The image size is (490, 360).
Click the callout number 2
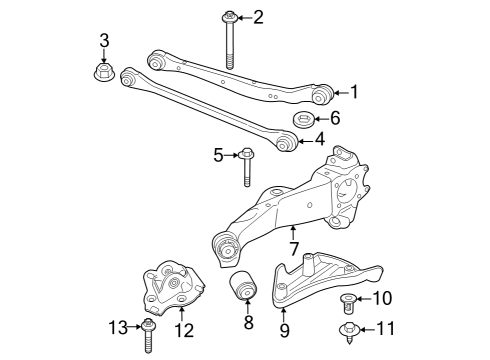click(258, 17)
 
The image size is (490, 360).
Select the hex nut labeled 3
click(104, 72)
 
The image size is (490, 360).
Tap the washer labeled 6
click(303, 119)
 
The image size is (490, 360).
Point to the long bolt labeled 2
click(229, 39)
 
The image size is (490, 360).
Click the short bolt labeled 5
click(246, 167)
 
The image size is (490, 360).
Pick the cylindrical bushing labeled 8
click(243, 285)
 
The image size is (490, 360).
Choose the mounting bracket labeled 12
click(173, 287)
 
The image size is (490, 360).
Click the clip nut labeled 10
click(349, 303)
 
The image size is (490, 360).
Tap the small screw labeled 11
click(349, 332)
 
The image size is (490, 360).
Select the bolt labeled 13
click(148, 336)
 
